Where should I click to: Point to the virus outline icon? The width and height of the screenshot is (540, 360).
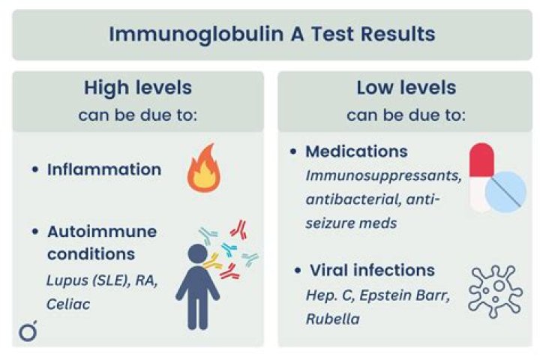(x=495, y=291)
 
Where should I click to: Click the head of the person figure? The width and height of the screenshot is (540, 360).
(x=196, y=255)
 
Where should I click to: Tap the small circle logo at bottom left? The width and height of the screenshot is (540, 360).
(x=28, y=331)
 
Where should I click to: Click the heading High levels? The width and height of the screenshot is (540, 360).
(x=137, y=88)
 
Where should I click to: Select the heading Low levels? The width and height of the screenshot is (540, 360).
(x=406, y=88)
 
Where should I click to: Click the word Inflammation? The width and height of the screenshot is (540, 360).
(x=104, y=169)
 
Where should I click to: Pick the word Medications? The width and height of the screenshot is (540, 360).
(x=356, y=151)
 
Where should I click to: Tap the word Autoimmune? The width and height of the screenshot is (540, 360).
(x=102, y=232)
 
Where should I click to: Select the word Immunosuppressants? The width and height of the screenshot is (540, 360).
(x=371, y=176)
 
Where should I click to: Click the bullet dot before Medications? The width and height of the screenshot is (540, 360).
(x=294, y=152)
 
